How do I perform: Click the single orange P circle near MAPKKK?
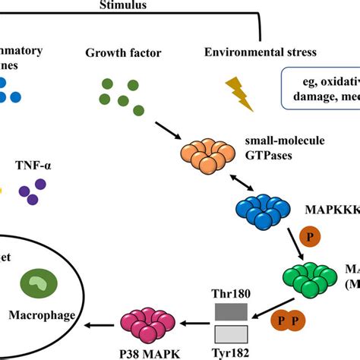[310, 237]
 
